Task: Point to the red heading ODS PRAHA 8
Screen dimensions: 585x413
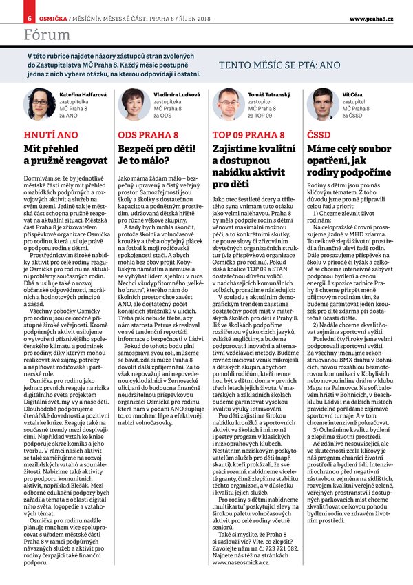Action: [145, 134]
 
